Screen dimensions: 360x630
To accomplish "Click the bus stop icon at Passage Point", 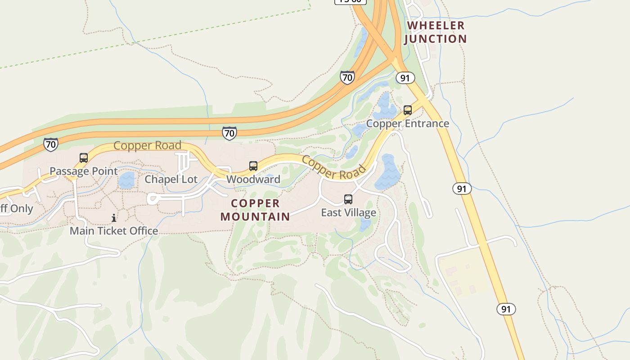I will point(84,158).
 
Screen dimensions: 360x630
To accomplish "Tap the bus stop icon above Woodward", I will point(253,166).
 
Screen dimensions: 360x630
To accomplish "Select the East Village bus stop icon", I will point(348,199).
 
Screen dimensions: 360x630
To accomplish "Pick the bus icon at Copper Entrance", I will point(408,110).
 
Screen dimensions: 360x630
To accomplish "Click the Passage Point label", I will point(83,171).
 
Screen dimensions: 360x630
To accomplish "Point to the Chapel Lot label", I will point(171,180).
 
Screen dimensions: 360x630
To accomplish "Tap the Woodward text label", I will point(253,180).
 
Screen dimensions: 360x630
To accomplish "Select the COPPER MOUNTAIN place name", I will point(255,210).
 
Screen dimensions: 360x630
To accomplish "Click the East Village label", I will point(348,212).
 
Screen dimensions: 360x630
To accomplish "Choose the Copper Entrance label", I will point(407,123).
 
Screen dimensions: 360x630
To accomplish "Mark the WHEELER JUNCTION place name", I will point(435,32).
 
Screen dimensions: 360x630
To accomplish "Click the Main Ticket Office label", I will point(114,231).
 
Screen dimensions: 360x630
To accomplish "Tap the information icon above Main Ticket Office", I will point(114,218).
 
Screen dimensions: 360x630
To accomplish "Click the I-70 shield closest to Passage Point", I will point(51,144).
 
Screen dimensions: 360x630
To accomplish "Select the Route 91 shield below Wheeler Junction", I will point(405,78).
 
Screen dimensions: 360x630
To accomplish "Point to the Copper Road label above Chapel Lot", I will point(147,146).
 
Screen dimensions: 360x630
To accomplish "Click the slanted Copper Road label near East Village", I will point(333,167).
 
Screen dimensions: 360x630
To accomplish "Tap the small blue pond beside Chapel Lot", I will point(126,180).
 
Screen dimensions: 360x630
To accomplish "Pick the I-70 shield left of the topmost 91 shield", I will point(347,77).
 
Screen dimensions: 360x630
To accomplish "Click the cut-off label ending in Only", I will point(16,209).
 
